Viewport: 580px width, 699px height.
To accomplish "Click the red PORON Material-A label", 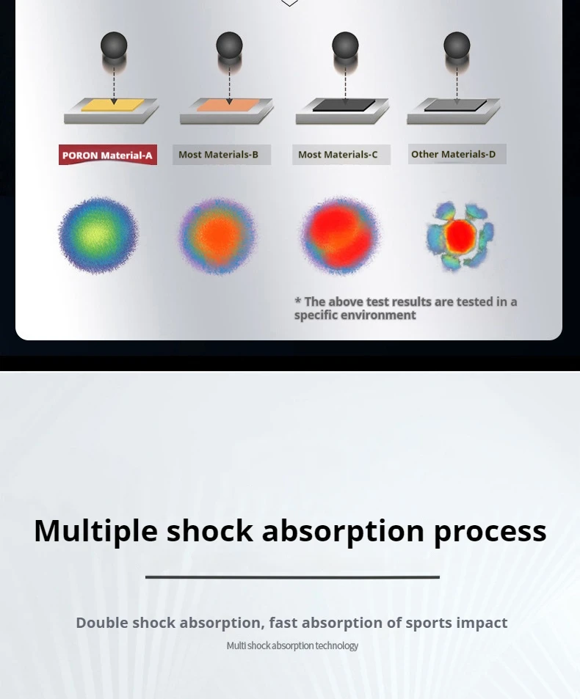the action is [x=107, y=155].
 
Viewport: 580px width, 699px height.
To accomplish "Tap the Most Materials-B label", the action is [x=222, y=155].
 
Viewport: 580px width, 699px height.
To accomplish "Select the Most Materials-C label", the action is [x=341, y=155].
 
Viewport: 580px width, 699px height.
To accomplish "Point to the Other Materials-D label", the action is [x=457, y=154].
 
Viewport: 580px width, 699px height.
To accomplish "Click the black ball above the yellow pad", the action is [x=114, y=45].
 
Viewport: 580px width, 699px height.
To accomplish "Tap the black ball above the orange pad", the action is [x=229, y=45].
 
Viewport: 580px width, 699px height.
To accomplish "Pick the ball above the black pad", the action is [x=345, y=45].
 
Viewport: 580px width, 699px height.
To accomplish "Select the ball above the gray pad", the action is [x=457, y=45].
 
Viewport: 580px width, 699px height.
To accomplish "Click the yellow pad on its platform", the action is [x=113, y=105].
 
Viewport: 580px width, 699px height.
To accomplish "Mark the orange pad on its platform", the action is [x=228, y=105].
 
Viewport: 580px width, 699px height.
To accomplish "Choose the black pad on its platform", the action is [x=344, y=105].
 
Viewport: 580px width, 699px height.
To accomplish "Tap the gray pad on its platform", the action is [x=455, y=105].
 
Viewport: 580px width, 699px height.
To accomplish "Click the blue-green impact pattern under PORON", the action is [x=98, y=235].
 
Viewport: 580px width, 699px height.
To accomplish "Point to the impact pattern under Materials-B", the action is [x=218, y=236].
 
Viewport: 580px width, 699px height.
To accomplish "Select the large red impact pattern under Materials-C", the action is [x=341, y=235].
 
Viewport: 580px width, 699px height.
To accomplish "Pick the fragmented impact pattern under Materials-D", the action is [x=460, y=236].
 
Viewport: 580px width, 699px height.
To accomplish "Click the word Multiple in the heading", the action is [x=96, y=531].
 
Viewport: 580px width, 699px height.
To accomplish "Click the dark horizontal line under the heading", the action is [x=292, y=577].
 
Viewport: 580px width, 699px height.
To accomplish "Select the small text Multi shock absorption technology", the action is [x=292, y=645].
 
